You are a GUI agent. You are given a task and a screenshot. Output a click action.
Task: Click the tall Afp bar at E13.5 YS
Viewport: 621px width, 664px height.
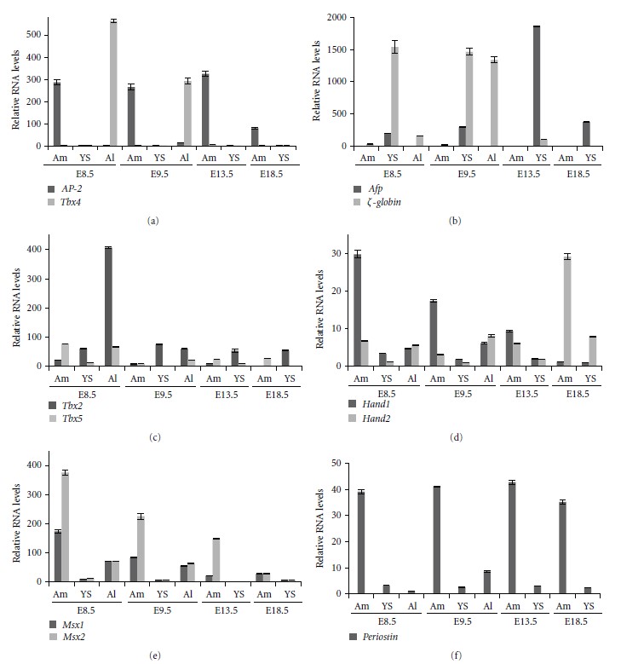click(513, 86)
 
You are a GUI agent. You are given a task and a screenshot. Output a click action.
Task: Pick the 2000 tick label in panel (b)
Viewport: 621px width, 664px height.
click(337, 17)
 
